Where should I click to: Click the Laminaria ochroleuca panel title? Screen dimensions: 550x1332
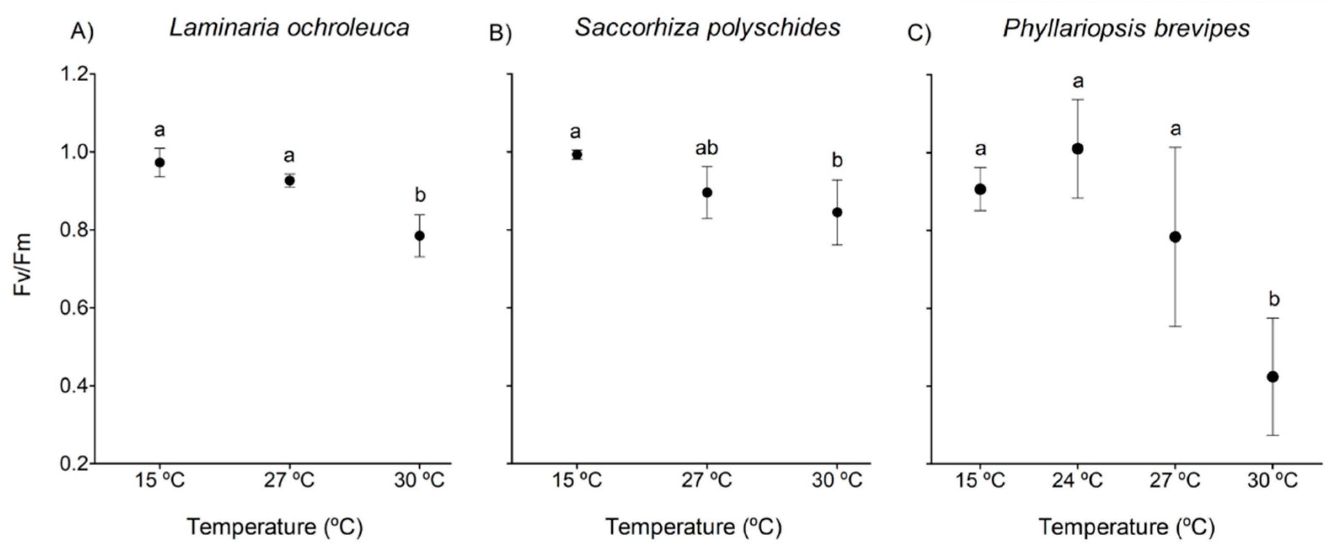tap(289, 27)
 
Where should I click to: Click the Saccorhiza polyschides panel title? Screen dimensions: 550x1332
tap(708, 27)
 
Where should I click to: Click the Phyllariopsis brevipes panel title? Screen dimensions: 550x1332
tap(1126, 29)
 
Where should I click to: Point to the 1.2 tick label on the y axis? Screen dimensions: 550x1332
tap(74, 74)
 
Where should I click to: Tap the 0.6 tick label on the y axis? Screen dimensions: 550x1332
tap(74, 308)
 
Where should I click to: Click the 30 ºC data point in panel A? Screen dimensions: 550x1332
tap(419, 236)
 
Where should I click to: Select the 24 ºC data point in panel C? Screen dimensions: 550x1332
tap(1077, 149)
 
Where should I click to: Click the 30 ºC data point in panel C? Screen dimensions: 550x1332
tap(1273, 377)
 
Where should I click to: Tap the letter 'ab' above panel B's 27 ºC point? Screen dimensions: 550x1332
tap(706, 148)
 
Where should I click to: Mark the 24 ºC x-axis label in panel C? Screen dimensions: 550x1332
tap(1077, 481)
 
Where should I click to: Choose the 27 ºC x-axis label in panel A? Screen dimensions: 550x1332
tap(289, 481)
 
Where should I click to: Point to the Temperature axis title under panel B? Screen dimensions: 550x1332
tap(693, 527)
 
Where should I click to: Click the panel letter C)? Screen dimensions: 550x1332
tap(919, 32)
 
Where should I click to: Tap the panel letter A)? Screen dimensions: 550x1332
tap(82, 32)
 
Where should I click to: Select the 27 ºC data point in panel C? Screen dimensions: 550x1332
tap(1175, 237)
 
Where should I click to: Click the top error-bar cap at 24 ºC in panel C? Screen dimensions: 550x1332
tap(1077, 99)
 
